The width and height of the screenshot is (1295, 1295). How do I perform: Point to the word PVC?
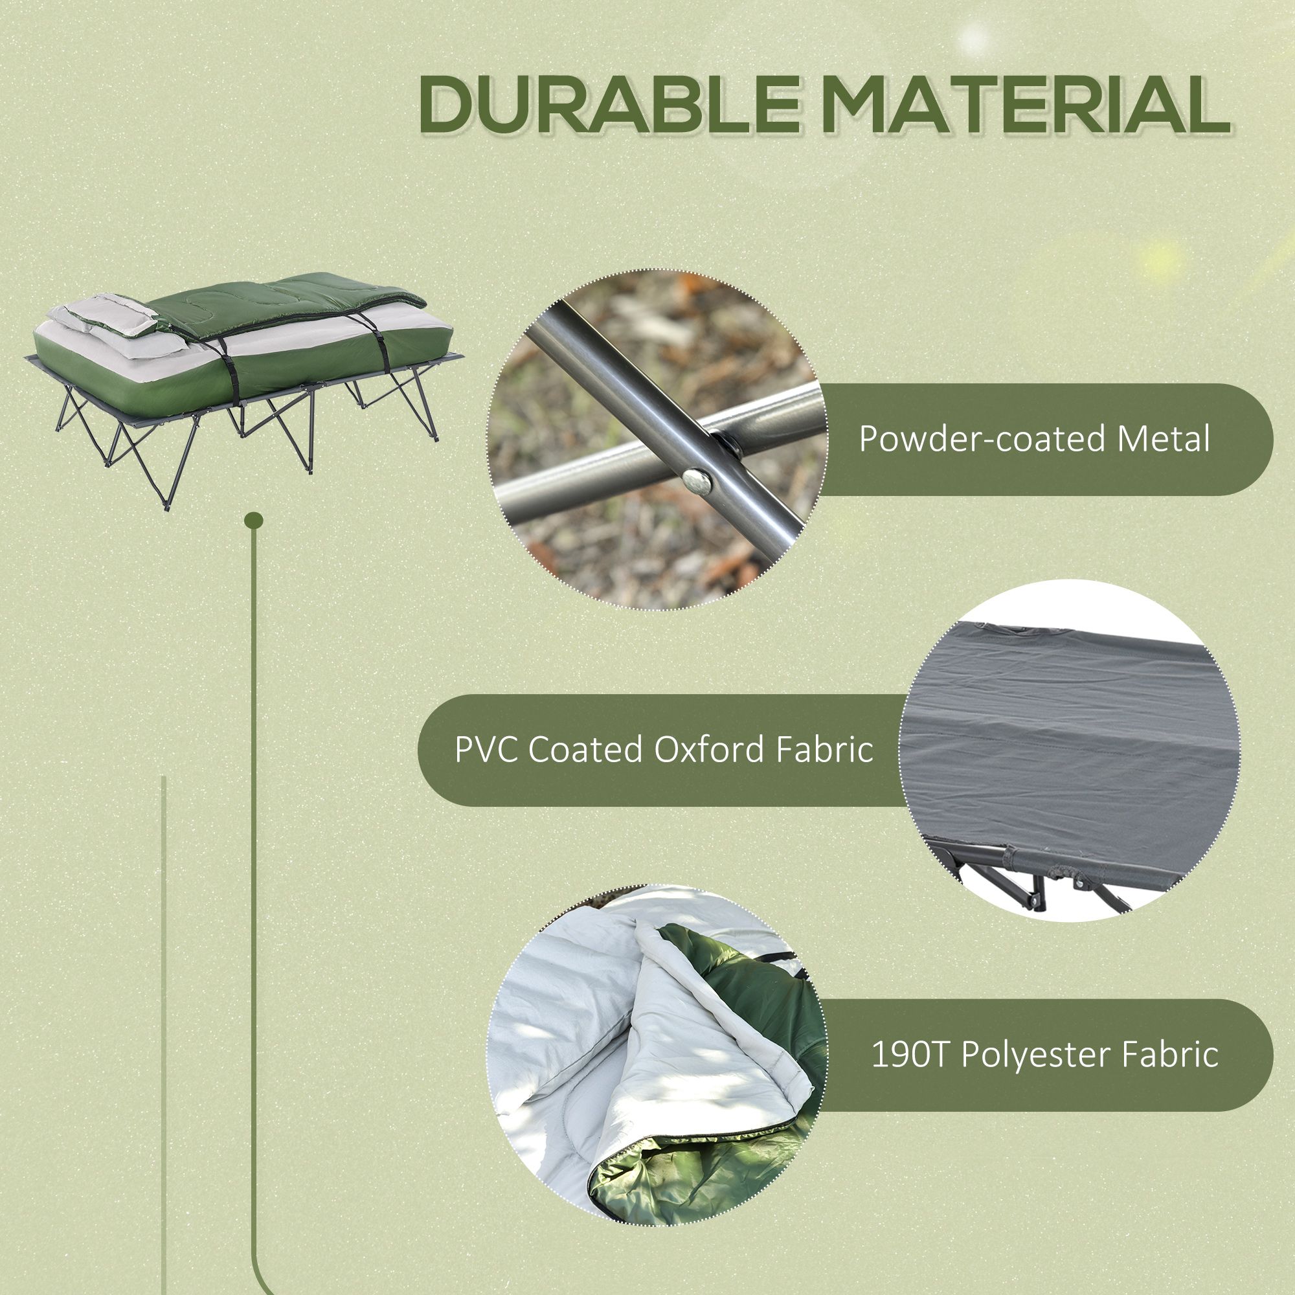click(x=484, y=749)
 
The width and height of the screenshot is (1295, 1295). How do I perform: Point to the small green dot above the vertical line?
click(x=254, y=520)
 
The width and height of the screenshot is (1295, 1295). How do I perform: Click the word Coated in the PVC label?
click(x=587, y=749)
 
